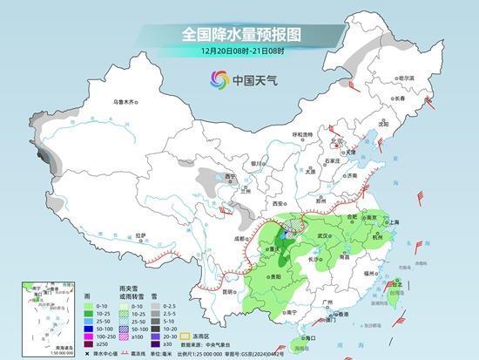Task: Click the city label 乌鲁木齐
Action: (x=125, y=102)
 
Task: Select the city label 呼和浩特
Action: (x=301, y=134)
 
